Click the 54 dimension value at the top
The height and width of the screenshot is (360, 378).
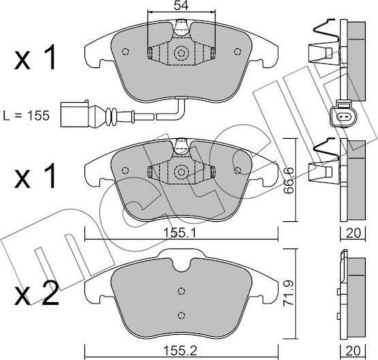coord(181,5)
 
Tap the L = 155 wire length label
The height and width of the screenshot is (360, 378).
coord(27,116)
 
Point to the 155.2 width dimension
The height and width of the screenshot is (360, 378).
coord(180,350)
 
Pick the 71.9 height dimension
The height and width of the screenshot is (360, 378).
coord(288,293)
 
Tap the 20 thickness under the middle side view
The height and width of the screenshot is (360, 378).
coord(353,233)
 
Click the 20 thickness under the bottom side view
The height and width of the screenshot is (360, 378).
coord(353,351)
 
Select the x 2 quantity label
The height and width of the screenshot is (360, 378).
coord(37,293)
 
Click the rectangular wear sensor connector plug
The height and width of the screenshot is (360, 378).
coord(75,114)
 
